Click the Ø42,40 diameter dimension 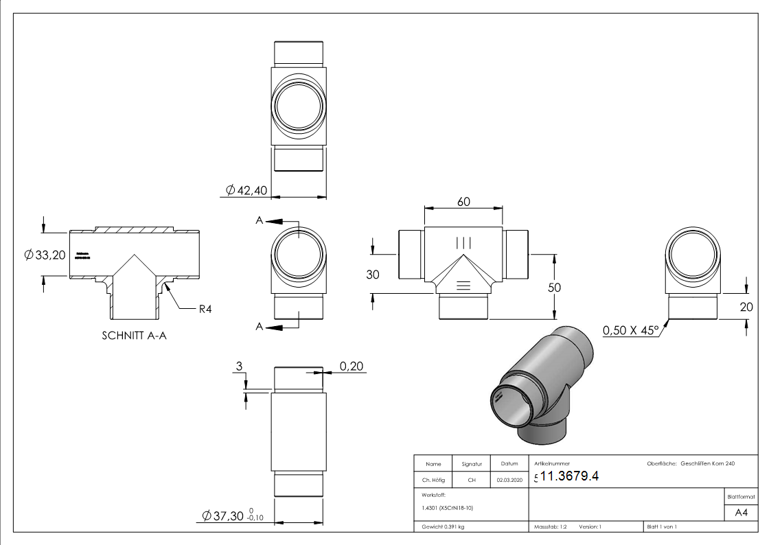[246, 190]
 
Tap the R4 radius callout [205, 309]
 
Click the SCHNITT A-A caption [135, 336]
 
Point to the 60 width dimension [463, 202]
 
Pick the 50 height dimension [553, 287]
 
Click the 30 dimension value [373, 274]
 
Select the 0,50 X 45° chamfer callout [630, 331]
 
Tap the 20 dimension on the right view [746, 308]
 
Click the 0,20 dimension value [352, 367]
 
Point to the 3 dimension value [239, 367]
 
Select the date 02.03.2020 [509, 480]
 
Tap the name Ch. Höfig [433, 480]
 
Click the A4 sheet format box [741, 513]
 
